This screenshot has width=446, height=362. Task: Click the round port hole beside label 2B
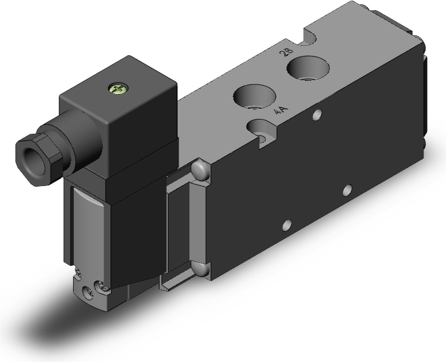(308, 68)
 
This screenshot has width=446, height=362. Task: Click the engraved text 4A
(281, 111)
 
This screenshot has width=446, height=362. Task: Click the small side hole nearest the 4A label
(317, 115)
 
